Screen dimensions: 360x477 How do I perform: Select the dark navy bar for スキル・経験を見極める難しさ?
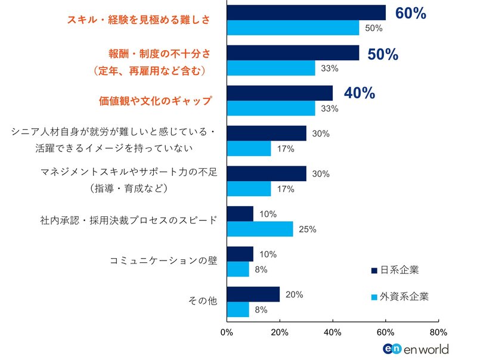[x=306, y=13]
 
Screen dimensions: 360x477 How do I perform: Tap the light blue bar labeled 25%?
[x=260, y=229]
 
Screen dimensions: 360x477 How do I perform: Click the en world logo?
[x=415, y=349]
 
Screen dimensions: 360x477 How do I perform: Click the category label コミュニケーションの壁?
[x=163, y=261]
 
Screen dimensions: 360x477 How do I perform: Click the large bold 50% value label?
[x=383, y=54]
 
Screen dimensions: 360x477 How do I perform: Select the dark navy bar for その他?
[x=253, y=294]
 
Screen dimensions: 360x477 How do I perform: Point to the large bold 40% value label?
[x=359, y=93]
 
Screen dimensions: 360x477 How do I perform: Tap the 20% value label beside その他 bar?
[x=295, y=294]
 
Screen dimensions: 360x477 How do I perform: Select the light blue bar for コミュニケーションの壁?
[x=238, y=269]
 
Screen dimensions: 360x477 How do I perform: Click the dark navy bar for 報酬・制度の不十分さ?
[x=293, y=53]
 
